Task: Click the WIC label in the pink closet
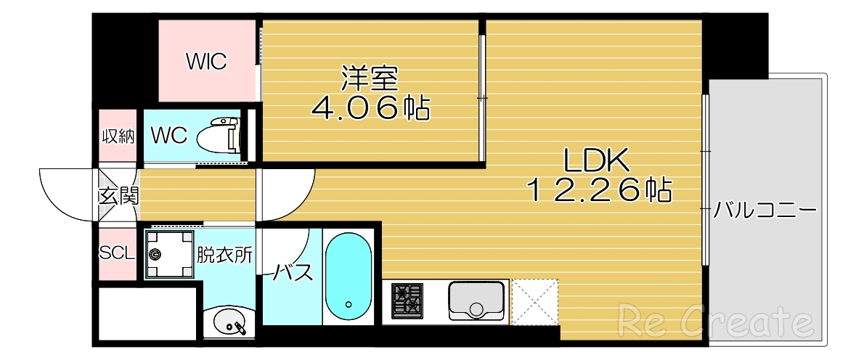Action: point(206,62)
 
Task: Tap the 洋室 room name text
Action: point(370,77)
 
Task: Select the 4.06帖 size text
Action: point(370,109)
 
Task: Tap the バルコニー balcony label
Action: point(765,211)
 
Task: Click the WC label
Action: point(169,134)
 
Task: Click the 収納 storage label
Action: point(118,136)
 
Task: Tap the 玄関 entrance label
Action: point(118,195)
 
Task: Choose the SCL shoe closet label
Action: point(116,253)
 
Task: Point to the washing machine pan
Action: point(171,254)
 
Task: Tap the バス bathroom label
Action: point(293,273)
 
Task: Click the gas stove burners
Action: point(407,300)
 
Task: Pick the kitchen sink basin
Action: point(476,300)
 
